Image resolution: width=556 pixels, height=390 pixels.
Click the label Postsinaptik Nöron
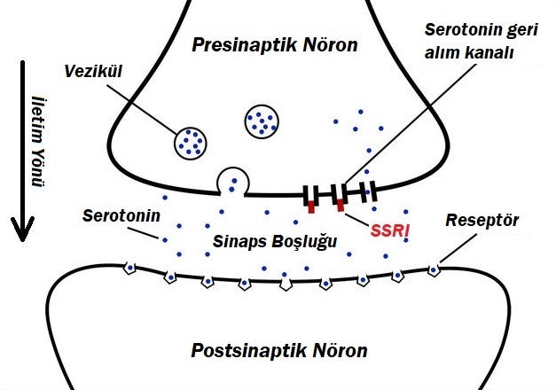(278, 350)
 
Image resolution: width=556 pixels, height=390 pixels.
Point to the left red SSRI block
(312, 208)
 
